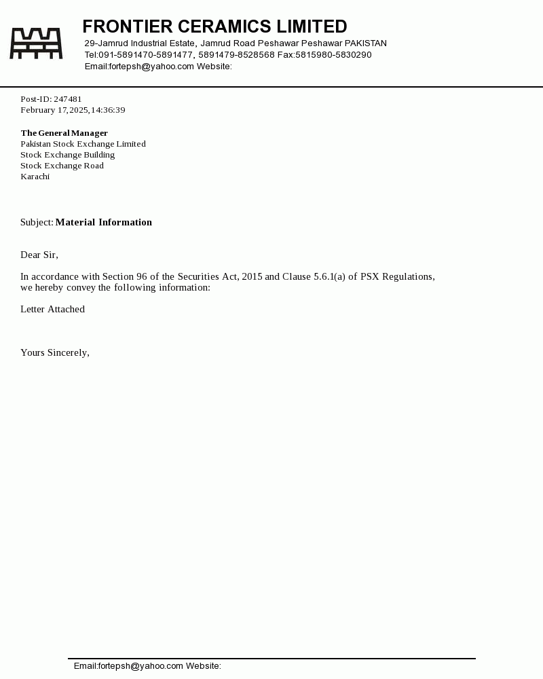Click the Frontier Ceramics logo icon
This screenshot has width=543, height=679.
coord(36,43)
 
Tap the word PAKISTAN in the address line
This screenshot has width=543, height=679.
coord(366,43)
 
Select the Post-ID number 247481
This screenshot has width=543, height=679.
coord(68,99)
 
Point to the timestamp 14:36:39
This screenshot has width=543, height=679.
coord(108,110)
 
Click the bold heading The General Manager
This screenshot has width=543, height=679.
coord(64,133)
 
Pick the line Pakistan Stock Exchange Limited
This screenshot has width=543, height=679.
coord(83,144)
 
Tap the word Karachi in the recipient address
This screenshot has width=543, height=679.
coord(35,177)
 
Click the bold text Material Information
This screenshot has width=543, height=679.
coord(104,222)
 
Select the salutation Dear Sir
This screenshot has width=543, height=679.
coord(39,255)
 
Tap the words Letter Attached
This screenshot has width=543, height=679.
coord(52,309)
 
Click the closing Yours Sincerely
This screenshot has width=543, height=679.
coord(54,352)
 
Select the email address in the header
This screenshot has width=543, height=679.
coord(151,67)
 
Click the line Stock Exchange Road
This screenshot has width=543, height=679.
coord(62,166)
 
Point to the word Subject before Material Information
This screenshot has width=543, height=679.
coord(37,222)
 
